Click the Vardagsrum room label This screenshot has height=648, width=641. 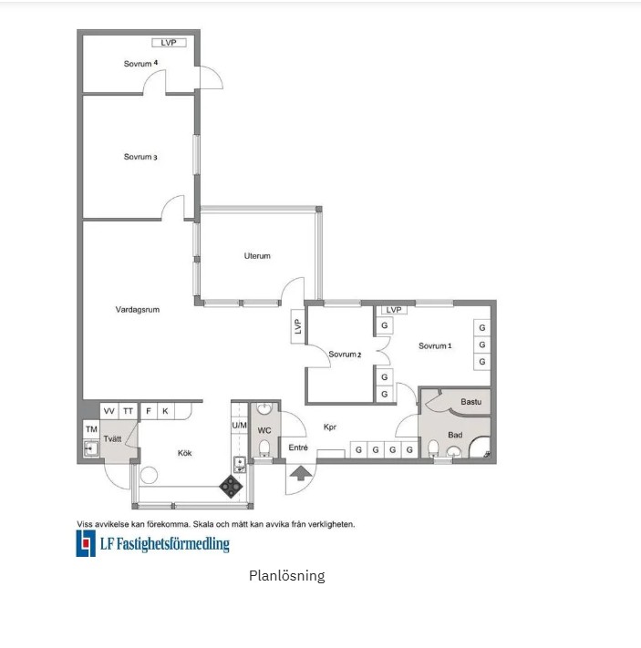pos(138,310)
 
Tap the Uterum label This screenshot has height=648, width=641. pos(257,256)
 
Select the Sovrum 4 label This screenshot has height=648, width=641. pos(140,63)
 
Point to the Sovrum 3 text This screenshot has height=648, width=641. pos(140,157)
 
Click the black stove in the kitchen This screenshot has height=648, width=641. pos(231,487)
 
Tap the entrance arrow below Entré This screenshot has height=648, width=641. pos(301,473)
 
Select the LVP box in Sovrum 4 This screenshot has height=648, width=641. pos(169,43)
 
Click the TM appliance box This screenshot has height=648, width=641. pos(91,429)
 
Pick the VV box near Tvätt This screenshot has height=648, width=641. pos(109,411)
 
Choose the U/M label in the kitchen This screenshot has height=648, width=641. pos(239,426)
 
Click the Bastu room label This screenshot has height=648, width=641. pos(471,402)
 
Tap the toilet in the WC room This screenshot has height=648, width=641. pos(264,448)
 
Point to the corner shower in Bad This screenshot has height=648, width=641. pos(481,447)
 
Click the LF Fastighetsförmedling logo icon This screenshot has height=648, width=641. pos(86,543)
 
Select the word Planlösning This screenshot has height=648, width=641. pos(286,576)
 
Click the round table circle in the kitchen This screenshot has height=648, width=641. pos(149,475)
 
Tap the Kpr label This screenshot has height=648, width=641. pos(329,427)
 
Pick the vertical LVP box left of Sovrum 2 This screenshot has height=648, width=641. pos(298,326)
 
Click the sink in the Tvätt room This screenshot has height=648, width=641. pos(91,448)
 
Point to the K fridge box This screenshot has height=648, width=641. pos(165,411)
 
